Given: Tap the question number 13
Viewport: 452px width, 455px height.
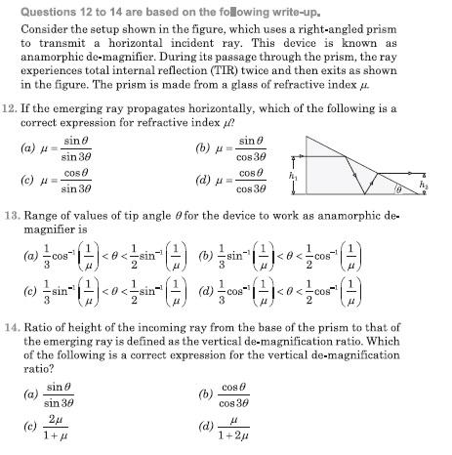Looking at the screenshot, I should (11, 212).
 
